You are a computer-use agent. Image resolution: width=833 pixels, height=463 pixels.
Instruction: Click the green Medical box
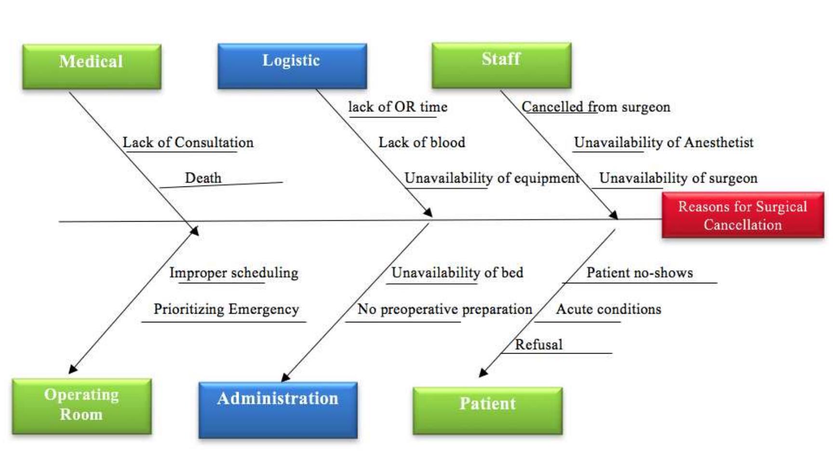(92, 66)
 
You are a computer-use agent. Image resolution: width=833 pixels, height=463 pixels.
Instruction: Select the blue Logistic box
(292, 66)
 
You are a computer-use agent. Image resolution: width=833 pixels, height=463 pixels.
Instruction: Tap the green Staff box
(501, 65)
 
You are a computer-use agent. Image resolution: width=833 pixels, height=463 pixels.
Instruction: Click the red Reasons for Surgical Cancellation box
(742, 215)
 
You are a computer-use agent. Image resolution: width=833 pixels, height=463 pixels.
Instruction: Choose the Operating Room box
(81, 406)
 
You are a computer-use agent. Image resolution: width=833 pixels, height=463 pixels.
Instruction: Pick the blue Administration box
(278, 410)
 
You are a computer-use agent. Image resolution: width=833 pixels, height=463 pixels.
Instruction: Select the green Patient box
(487, 410)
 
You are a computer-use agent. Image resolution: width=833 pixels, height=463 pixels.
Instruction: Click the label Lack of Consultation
(188, 143)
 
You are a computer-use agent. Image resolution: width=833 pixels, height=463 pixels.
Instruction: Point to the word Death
(203, 178)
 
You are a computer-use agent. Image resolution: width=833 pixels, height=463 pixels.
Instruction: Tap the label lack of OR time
(398, 107)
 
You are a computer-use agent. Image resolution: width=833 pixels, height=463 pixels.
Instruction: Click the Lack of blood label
(422, 143)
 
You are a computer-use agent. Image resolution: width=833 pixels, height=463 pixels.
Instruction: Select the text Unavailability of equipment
(492, 178)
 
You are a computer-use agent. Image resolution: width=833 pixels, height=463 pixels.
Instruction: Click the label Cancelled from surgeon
(596, 107)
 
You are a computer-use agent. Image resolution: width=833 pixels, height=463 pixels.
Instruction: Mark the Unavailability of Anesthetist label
(663, 143)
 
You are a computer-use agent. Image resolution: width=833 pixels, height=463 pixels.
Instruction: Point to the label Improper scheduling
(234, 273)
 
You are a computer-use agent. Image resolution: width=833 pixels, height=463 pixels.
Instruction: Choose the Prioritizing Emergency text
(226, 309)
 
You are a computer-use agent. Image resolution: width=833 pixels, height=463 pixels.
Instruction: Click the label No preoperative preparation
(444, 309)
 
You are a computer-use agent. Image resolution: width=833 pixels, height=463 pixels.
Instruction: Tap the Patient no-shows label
(639, 273)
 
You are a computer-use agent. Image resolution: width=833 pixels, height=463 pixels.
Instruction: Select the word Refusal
(538, 344)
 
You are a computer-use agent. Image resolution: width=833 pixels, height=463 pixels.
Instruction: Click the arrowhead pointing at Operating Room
(73, 369)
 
